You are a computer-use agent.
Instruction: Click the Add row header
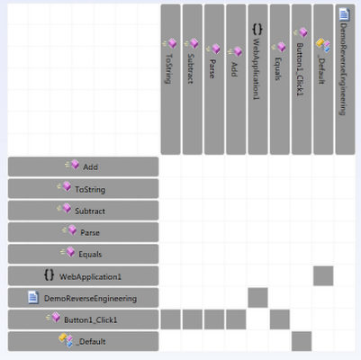83,166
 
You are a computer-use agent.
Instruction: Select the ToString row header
83,189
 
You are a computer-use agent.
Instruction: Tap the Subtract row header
83,211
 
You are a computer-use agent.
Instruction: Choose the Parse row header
83,232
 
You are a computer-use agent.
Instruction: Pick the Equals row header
83,254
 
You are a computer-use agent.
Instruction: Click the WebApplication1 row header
83,276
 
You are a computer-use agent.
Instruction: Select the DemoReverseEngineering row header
83,298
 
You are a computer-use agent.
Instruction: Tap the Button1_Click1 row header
83,319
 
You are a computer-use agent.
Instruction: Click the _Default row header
83,341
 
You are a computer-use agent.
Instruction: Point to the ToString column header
170,79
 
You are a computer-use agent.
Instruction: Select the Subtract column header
193,79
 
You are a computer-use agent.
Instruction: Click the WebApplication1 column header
257,79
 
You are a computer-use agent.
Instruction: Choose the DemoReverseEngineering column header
345,79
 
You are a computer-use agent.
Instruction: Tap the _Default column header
323,79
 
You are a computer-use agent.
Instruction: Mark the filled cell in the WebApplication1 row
323,276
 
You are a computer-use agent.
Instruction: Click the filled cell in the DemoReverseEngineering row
257,298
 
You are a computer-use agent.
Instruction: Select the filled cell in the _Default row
302,341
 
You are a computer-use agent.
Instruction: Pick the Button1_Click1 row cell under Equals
280,319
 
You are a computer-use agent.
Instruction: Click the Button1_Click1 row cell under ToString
170,319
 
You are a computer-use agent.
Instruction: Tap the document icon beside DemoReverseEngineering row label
33,297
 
